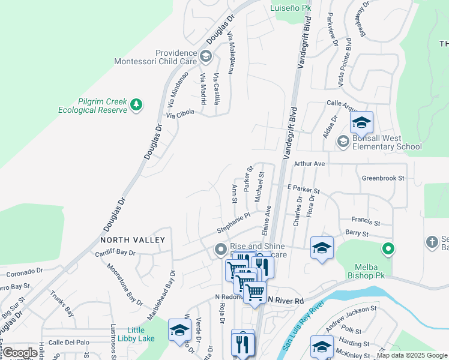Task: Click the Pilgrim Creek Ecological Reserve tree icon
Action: [x=137, y=105]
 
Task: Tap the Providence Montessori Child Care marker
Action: [x=206, y=57]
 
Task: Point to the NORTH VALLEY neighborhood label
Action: [x=133, y=240]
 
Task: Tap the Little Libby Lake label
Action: [x=140, y=334]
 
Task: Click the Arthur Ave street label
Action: [x=309, y=163]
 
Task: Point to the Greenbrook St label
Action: [x=383, y=178]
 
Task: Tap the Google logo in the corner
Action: [x=20, y=353]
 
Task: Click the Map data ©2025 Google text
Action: [x=412, y=355]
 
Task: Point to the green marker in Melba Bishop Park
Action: [x=388, y=248]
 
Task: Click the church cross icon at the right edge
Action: [x=432, y=242]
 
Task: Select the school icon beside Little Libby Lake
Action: [x=179, y=330]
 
